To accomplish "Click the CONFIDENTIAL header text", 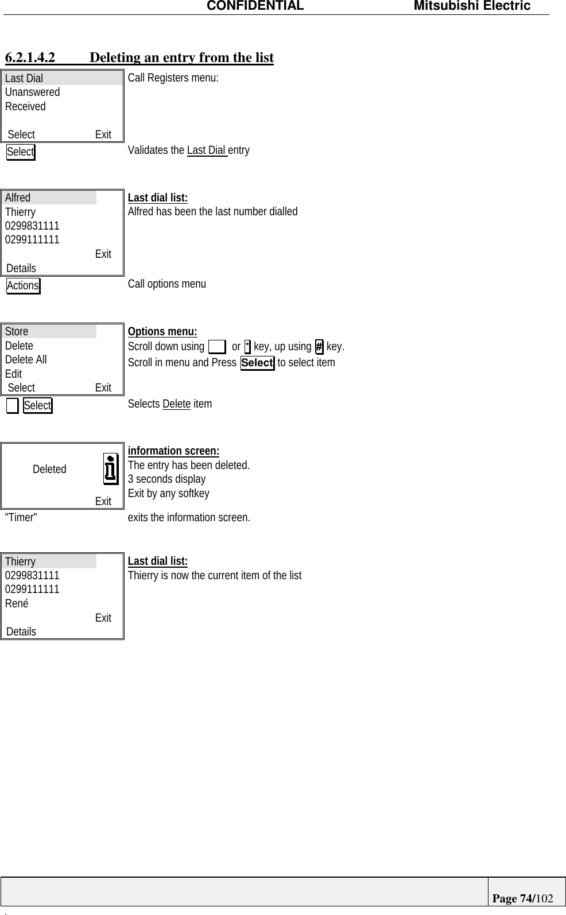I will pos(255,6).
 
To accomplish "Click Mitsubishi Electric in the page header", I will pos(472,6).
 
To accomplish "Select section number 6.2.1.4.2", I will pos(30,57).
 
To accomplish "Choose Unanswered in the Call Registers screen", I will pos(32,92).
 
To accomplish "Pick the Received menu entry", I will pos(25,106).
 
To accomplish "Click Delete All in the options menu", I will pos(26,359).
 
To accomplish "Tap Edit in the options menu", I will pos(13,374).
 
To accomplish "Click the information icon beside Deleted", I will pos(111,468).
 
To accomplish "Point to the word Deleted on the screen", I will pos(49,469).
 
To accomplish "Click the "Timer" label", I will pos(21,517).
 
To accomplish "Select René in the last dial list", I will pos(17,603).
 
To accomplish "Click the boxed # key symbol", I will pos(319,347).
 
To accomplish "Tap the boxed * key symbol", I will pos(247,347).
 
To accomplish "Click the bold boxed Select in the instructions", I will pos(257,363).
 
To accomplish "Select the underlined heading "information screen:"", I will pos(173,451).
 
